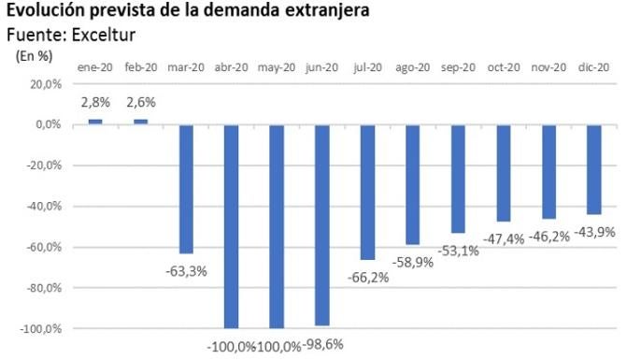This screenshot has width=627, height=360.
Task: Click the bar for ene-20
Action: pos(95,122)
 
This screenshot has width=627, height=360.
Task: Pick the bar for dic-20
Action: pos(594,169)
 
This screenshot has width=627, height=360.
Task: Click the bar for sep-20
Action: pos(458,179)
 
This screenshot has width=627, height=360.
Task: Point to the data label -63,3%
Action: pos(186,271)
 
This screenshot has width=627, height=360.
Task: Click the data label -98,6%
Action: pos(322,344)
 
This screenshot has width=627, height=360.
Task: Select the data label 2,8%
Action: pos(95,101)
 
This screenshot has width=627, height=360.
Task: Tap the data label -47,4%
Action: pos(504,239)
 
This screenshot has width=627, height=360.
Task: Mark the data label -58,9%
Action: pos(413,263)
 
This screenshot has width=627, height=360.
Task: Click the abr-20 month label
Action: pos(231,66)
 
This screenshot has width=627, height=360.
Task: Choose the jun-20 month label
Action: pos(322,66)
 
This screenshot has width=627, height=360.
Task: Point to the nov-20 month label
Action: pos(549,66)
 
